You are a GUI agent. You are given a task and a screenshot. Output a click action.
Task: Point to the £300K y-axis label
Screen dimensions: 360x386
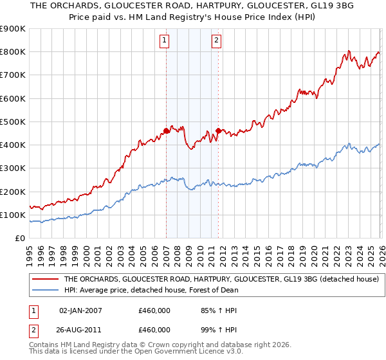coord(13,168)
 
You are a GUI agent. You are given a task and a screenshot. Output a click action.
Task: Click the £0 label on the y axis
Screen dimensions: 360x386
coord(19,239)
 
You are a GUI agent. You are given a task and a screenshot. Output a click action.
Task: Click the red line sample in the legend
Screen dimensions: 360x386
coord(45,280)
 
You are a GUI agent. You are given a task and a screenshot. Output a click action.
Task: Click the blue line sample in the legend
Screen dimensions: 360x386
coord(45,290)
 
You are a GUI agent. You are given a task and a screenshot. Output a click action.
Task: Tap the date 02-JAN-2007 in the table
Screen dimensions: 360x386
coord(80,310)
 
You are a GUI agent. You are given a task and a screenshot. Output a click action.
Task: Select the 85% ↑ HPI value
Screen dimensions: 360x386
coord(212,310)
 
